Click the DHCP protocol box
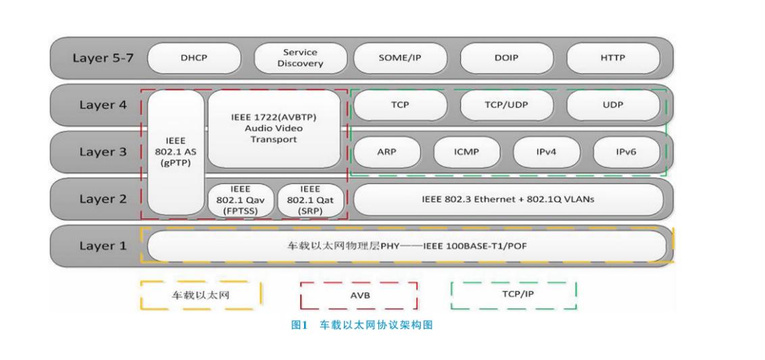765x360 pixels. pos(194,58)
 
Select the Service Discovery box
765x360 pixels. pos(299,58)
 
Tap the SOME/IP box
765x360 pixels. pos(399,58)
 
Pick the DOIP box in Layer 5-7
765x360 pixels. pos(506,58)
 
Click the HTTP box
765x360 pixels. pos(612,58)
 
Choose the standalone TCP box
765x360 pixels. pos(400,105)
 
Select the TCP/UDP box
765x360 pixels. pos(506,105)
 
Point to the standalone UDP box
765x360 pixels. pos(612,105)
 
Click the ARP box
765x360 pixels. pos(386,152)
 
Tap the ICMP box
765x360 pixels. pos(466,152)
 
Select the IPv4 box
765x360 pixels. pos(546,152)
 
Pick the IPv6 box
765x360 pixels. pos(626,152)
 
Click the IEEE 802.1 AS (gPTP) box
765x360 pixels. pos(175,153)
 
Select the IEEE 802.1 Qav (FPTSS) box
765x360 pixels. pos(241,200)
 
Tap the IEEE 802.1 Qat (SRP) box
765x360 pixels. pos(310,200)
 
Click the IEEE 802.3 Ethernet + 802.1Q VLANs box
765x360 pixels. pos(508,199)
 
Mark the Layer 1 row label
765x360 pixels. pos(103,246)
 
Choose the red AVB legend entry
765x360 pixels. pos(358,296)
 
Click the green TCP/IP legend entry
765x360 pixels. pos(513,295)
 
